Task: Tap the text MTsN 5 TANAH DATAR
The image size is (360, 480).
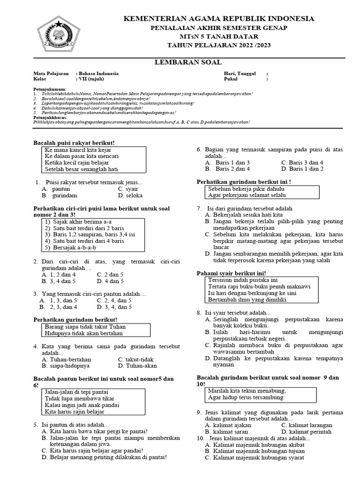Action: click(219, 37)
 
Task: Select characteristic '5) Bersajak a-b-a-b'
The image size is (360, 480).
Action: click(71, 247)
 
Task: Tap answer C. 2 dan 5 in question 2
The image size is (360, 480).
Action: click(110, 274)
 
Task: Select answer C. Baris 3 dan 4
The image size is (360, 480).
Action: click(302, 162)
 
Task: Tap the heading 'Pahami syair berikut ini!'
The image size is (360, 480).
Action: click(231, 273)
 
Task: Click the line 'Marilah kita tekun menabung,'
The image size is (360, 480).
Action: click(247, 390)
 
